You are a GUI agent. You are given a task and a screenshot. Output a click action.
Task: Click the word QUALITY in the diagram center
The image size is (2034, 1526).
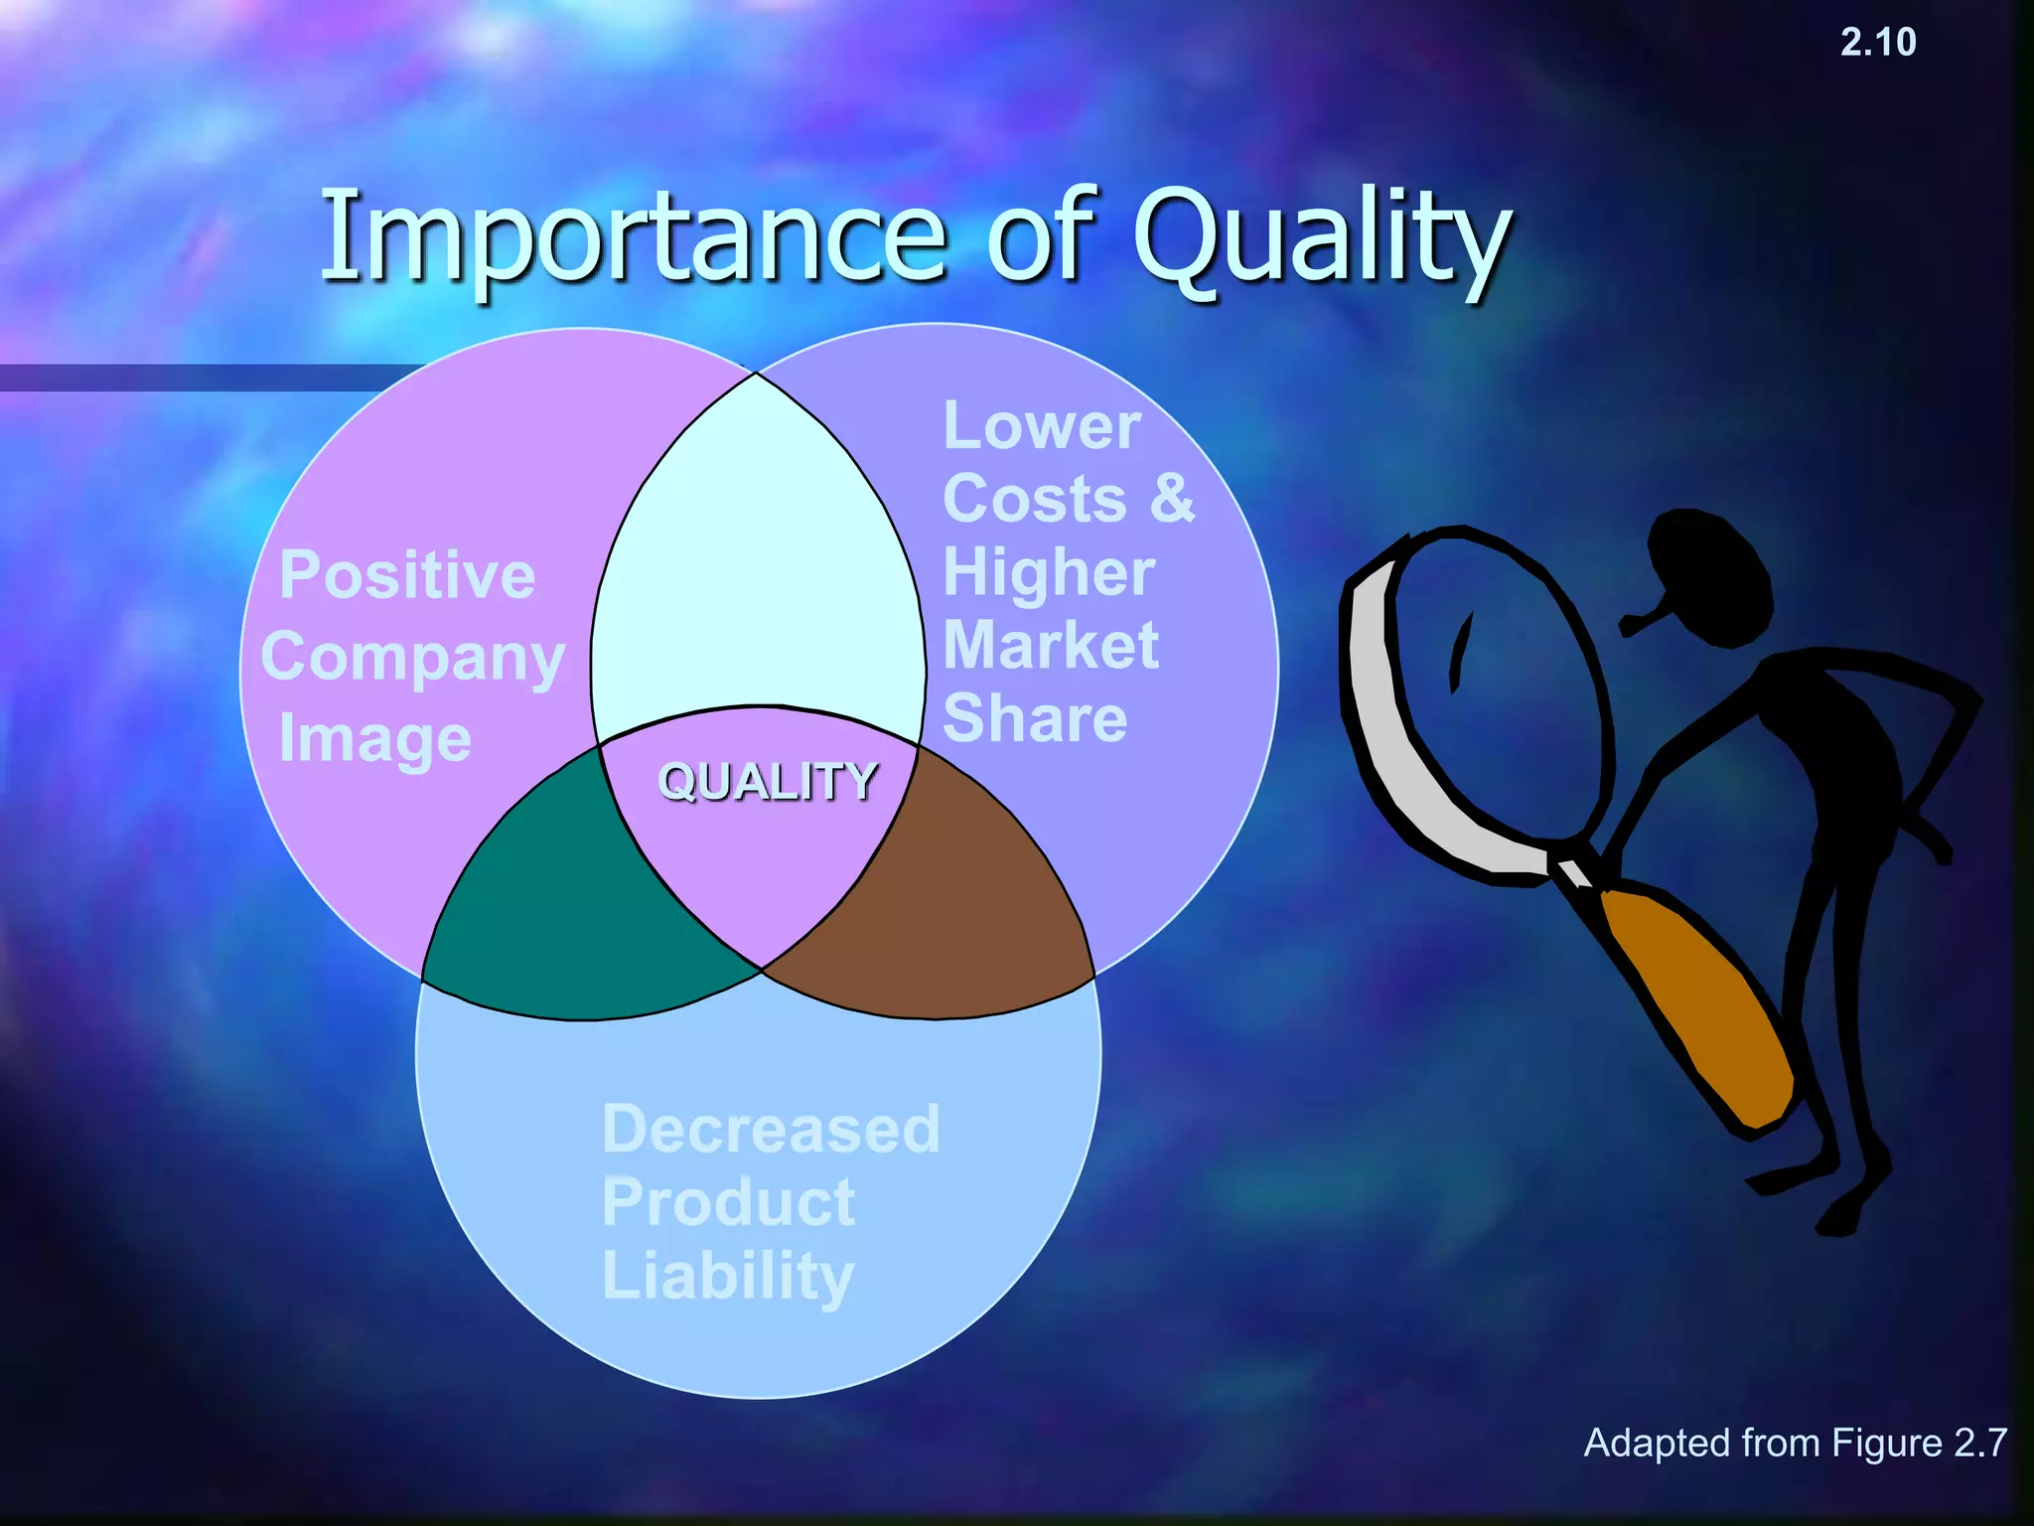coord(768,782)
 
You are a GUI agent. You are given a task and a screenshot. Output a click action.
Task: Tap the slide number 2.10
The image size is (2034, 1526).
coord(1877,43)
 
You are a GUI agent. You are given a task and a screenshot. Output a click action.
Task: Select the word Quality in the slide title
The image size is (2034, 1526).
coord(1321,238)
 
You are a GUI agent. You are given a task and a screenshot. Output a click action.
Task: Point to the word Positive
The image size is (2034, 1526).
coord(407,575)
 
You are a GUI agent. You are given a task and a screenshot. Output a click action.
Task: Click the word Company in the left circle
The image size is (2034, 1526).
coord(412,660)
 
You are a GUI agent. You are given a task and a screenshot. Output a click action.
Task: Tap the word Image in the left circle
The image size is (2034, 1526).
coord(374,741)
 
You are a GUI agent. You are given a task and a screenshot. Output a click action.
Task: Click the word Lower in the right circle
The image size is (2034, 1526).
coord(1041,427)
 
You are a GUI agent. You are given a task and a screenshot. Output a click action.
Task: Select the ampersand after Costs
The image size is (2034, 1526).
coord(1172,498)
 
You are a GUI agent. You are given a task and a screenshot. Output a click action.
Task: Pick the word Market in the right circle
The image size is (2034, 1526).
coord(1050,646)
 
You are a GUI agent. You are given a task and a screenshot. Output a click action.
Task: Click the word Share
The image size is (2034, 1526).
coord(1035,719)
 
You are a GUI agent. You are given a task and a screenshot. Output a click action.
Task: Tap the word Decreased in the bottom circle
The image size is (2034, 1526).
coord(771,1130)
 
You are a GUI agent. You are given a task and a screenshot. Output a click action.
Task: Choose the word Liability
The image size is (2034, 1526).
coord(728,1277)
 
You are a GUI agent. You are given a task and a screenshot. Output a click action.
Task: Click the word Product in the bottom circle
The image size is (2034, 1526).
coord(728,1203)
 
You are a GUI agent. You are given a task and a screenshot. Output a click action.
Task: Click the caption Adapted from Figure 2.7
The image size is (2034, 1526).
coord(1795,1444)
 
